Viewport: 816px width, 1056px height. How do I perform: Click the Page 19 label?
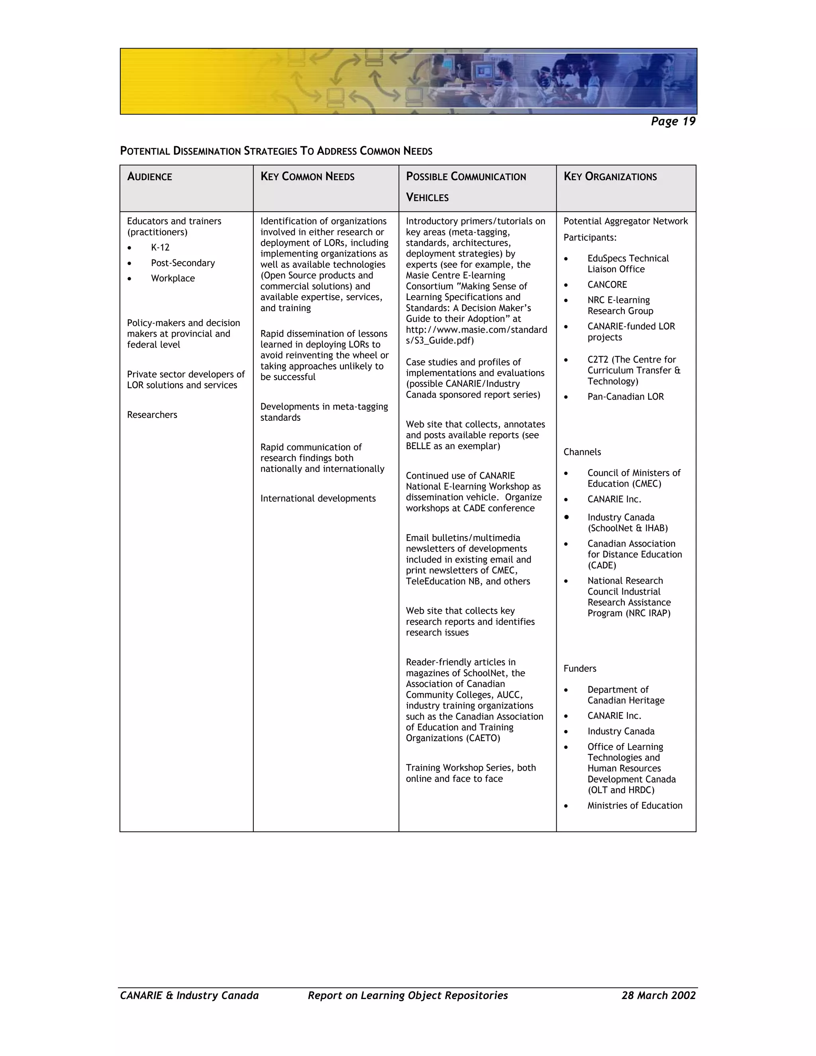pos(673,122)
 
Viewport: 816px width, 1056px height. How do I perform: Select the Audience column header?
pos(149,177)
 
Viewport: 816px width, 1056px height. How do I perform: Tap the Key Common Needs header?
pos(308,177)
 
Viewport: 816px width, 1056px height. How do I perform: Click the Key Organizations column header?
pos(610,177)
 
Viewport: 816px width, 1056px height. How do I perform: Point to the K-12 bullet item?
pos(160,247)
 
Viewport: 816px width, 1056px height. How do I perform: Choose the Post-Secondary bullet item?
pos(183,263)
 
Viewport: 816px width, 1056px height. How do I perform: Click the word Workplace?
pos(173,279)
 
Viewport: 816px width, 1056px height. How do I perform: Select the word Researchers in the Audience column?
pos(152,415)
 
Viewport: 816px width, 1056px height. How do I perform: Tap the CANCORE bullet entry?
pos(607,285)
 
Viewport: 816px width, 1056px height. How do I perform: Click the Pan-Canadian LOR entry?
pos(626,396)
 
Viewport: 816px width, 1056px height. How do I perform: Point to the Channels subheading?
pos(582,452)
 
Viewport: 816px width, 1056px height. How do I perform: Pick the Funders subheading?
pos(580,669)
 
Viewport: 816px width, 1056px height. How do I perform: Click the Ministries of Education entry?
pos(635,805)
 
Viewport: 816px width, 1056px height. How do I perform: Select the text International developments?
pos(318,499)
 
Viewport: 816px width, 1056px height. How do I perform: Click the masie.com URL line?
pos(476,330)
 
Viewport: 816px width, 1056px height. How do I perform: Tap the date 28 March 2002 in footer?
pos(658,995)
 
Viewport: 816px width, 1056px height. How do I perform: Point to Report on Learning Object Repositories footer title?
pos(408,995)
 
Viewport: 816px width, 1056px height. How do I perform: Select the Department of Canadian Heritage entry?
pos(626,695)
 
